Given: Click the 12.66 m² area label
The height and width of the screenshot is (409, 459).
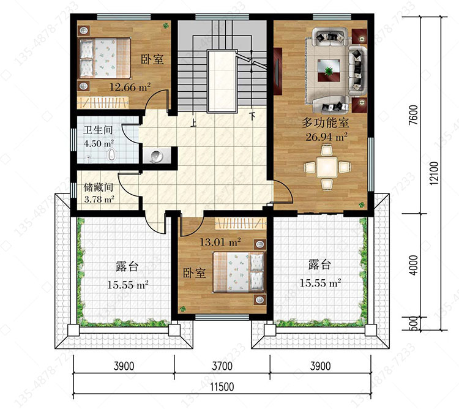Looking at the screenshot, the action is point(130,87).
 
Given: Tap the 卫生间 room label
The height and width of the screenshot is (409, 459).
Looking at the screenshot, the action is point(98,130).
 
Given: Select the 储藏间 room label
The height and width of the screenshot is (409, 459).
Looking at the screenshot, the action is point(99,187).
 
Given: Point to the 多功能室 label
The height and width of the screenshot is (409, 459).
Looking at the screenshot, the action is point(326,122).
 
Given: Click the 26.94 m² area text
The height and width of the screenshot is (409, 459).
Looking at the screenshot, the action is point(326,137).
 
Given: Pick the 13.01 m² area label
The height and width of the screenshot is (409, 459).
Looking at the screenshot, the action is point(220,242).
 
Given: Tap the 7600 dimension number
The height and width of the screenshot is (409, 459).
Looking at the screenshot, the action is point(413,115).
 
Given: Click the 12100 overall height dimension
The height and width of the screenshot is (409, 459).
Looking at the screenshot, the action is point(435,173).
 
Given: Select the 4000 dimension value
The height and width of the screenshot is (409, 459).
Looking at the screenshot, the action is point(413,265).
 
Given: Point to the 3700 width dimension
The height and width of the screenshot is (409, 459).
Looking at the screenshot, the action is point(222,366).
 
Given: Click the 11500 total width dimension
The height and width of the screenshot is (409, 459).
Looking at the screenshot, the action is point(222,387).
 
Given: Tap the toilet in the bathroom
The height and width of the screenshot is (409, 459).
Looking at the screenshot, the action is point(111,154).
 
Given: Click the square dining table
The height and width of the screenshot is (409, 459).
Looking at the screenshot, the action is point(327,168).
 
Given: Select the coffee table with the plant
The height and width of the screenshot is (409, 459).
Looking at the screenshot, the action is point(329,70).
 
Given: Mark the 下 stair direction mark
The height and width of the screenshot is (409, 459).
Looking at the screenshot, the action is point(252,116).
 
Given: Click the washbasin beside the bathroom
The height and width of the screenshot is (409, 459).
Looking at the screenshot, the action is point(157,156).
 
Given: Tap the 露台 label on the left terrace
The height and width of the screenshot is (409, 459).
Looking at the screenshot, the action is point(127,267).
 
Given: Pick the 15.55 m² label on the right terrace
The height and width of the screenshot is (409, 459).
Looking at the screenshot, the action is point(320,283).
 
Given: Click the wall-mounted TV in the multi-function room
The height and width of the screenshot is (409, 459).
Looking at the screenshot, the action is point(278,72).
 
